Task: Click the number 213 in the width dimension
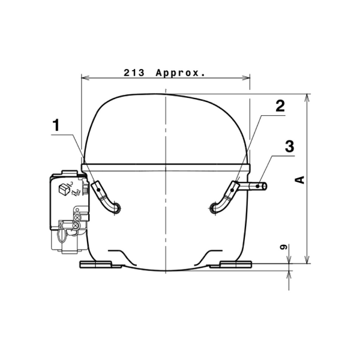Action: [134, 73]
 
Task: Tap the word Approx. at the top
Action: [180, 73]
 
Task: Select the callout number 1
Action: [56, 125]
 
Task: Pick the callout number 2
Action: [280, 106]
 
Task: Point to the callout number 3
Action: [290, 146]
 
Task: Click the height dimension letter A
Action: [299, 180]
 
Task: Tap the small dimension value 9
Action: [284, 247]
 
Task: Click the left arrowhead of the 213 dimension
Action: [85, 78]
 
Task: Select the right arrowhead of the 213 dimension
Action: [246, 78]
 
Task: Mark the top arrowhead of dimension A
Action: [307, 98]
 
